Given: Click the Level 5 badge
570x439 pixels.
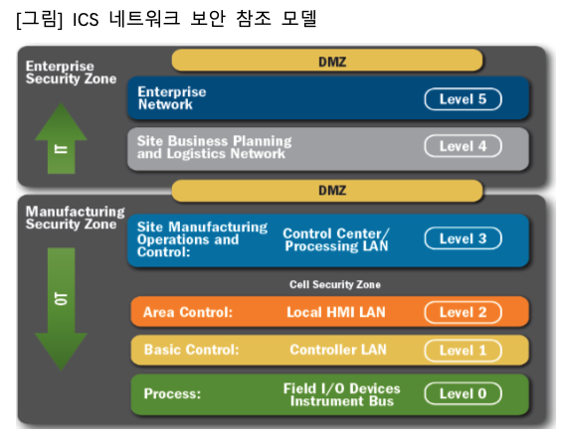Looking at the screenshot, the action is point(463,99).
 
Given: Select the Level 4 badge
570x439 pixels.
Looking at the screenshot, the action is point(463,146).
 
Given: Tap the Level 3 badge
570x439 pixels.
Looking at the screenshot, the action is point(463,238).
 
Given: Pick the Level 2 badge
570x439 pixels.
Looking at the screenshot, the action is point(463,312).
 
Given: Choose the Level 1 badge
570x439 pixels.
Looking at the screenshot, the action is point(463,351).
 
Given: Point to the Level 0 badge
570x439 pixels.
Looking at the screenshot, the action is point(463,393).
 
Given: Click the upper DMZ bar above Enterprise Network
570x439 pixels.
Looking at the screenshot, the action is point(327,61).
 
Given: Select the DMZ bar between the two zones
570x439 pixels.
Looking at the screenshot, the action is point(327,191).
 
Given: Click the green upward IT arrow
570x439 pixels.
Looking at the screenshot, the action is point(61,138).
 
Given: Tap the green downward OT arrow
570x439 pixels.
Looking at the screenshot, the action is point(61,309).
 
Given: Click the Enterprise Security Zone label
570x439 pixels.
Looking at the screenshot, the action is point(71,73).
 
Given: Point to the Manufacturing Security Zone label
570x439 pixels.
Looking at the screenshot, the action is point(75,218).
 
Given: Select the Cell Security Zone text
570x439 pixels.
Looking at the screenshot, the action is point(335,284).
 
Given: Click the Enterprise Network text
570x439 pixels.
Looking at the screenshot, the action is point(171,98).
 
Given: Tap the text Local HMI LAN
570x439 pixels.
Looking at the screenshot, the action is point(336,312).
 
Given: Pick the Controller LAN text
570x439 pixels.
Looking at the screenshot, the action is point(337,350).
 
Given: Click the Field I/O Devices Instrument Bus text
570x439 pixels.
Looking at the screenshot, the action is point(342,394).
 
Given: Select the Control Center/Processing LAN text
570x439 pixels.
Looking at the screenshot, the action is point(336,239).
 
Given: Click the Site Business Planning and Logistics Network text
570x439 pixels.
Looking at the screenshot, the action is point(214,147).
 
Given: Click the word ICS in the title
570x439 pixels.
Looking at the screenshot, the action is point(86,19).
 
